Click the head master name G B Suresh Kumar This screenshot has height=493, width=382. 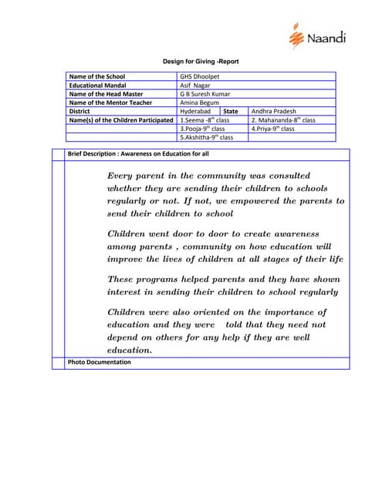[205, 94]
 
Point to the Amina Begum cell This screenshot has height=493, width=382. [199, 102]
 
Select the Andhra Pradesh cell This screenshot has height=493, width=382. [274, 111]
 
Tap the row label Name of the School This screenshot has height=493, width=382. [97, 77]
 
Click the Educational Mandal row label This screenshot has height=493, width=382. [97, 86]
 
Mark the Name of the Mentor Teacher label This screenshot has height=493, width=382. [110, 102]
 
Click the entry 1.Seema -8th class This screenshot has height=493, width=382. [205, 120]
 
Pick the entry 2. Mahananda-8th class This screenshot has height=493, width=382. [283, 120]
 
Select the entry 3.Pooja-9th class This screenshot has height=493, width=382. [202, 129]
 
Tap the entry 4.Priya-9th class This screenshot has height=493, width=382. [273, 129]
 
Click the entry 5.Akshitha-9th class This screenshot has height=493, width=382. [206, 137]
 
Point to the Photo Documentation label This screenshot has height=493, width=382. [99, 362]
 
